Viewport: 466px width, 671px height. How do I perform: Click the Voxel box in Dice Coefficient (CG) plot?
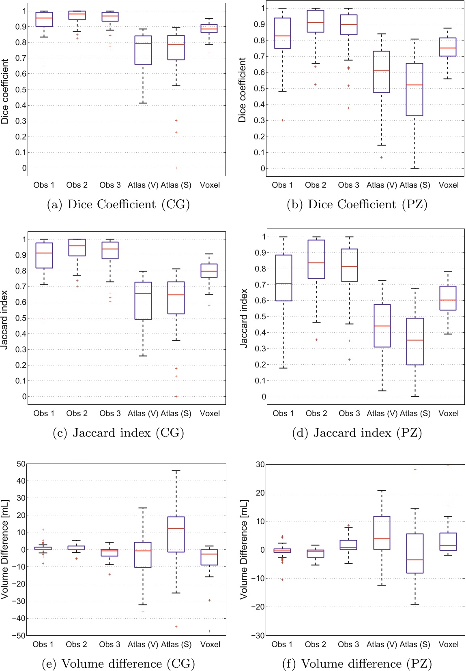click(x=209, y=28)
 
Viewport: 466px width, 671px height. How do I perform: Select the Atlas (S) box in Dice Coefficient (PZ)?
click(x=414, y=89)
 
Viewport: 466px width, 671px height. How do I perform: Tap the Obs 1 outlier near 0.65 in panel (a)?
click(x=44, y=65)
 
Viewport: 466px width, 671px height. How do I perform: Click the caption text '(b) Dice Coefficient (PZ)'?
click(x=357, y=204)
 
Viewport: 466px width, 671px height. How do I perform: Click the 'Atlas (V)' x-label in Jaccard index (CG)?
click(x=143, y=413)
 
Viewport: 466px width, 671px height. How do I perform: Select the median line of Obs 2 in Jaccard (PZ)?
click(x=316, y=263)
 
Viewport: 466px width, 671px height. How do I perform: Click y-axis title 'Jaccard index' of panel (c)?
click(x=4, y=319)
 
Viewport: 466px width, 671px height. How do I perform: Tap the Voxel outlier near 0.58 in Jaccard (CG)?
click(x=209, y=306)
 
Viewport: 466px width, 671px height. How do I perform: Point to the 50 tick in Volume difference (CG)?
click(x=21, y=464)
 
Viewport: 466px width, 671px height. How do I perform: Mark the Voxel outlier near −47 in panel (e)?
click(x=209, y=631)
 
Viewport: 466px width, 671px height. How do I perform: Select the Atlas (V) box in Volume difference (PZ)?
click(x=382, y=532)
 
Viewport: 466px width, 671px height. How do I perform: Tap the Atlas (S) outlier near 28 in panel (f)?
click(x=415, y=469)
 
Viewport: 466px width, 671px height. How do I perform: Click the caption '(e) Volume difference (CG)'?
click(x=118, y=664)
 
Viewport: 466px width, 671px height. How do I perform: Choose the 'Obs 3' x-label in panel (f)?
click(x=348, y=644)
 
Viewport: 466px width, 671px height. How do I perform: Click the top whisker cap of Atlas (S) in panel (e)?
click(x=176, y=471)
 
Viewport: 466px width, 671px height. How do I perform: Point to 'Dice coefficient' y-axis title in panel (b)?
click(x=242, y=90)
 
